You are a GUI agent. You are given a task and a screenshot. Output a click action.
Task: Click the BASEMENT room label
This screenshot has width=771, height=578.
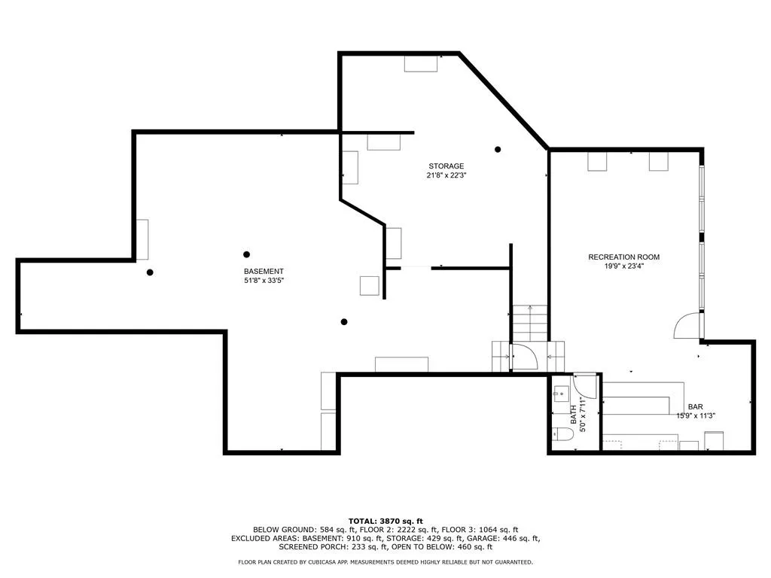click(264, 271)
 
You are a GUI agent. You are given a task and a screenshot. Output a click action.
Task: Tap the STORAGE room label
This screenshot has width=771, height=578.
click(446, 166)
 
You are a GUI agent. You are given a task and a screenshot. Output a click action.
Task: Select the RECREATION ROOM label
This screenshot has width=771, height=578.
click(624, 257)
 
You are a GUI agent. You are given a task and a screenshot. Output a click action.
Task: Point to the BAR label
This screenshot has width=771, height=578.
click(695, 407)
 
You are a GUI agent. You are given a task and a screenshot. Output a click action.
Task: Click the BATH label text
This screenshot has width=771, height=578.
click(573, 415)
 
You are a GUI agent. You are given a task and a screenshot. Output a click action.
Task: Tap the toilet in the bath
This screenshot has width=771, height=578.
click(562, 434)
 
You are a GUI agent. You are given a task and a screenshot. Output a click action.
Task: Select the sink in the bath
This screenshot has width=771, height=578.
click(561, 394)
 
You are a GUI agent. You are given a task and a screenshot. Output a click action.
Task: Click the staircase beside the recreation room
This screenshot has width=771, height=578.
click(530, 323)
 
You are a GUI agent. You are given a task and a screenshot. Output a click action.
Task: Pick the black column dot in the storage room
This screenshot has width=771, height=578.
click(498, 150)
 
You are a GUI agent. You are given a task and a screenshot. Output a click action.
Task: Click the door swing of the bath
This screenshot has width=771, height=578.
click(585, 386)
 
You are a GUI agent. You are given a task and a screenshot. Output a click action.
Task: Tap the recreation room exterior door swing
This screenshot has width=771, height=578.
click(687, 325)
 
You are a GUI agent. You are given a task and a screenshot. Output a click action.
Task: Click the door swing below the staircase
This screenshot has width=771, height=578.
click(525, 357)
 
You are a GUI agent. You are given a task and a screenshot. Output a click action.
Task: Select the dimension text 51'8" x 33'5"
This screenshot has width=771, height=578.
click(264, 281)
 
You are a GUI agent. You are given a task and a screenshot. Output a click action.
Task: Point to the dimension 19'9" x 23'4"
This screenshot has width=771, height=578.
click(624, 266)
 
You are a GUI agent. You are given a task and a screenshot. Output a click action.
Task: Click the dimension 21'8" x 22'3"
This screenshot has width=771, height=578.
click(446, 175)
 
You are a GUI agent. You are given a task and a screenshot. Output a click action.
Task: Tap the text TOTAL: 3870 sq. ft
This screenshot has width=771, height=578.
click(385, 521)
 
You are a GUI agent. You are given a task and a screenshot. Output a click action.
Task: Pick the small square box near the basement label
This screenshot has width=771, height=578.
click(369, 286)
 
